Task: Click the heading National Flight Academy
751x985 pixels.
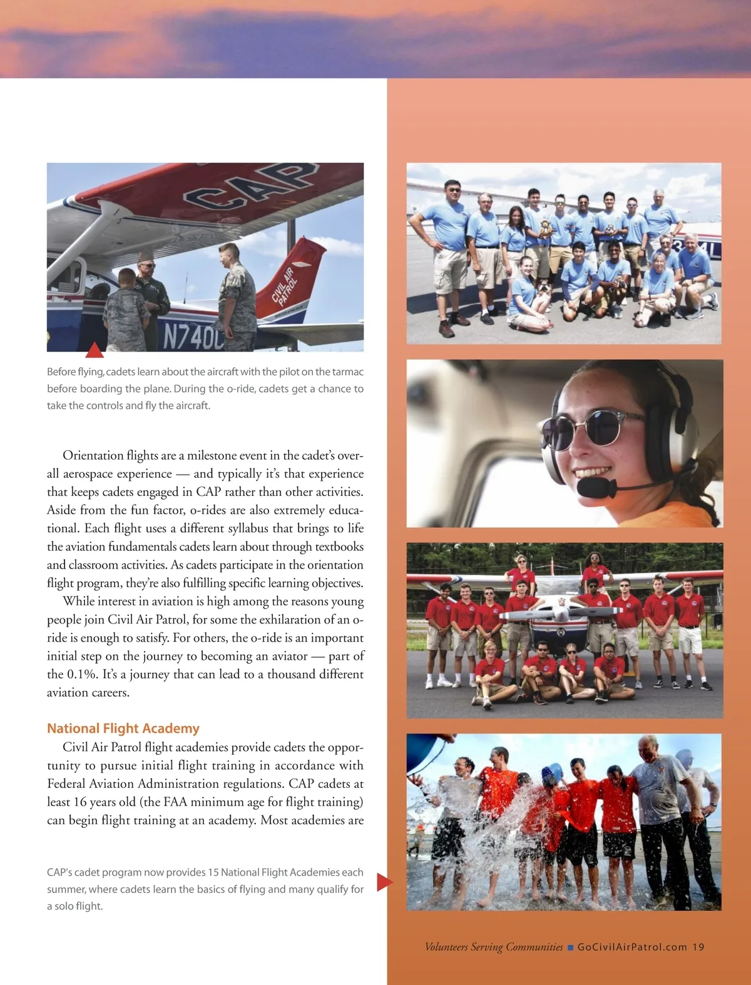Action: tap(123, 728)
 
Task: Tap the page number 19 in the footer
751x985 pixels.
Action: tap(698, 947)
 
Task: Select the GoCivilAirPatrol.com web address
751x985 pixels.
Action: tap(632, 947)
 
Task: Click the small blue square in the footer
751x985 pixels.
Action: tap(570, 947)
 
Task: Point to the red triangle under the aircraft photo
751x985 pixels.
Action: tap(94, 350)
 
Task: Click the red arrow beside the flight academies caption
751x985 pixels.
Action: tap(384, 882)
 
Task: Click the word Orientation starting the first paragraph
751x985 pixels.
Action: tap(93, 455)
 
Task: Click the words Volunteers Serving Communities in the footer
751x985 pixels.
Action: tap(494, 947)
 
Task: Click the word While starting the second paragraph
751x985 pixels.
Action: tap(79, 601)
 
